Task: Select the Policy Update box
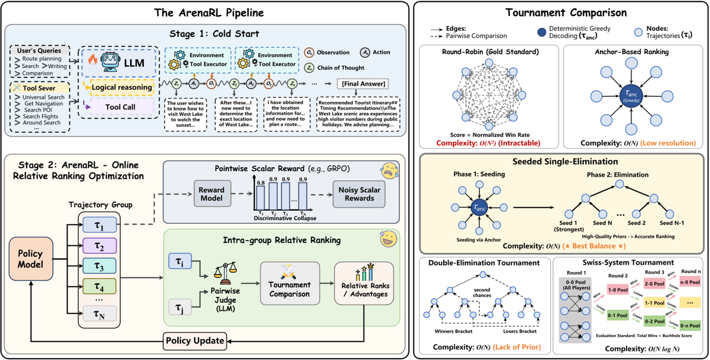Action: click(x=195, y=340)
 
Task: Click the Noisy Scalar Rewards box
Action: click(x=360, y=194)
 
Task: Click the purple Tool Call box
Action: click(x=120, y=107)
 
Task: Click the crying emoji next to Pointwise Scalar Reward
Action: click(x=389, y=171)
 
